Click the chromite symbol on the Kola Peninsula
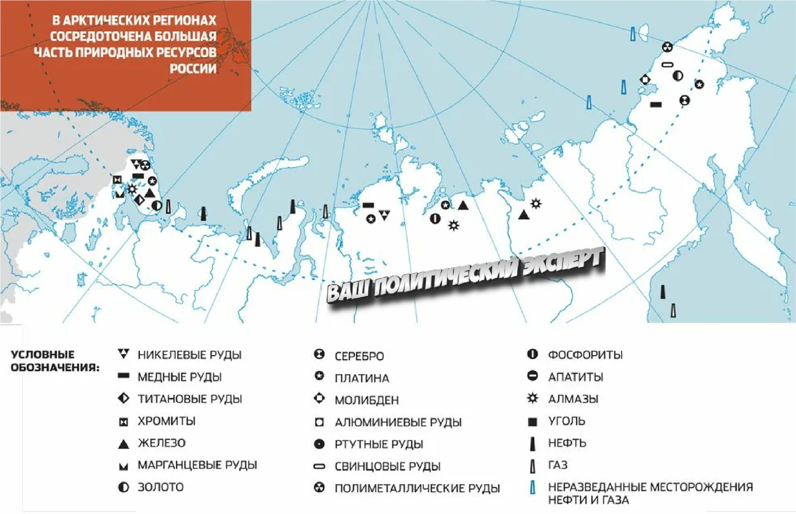tap(117, 180)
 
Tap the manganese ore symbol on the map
tap(119, 193)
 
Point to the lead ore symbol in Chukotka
tap(668, 64)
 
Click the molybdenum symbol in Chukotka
tap(643, 80)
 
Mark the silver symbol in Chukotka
tap(684, 100)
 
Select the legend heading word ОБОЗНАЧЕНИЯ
tap(54, 367)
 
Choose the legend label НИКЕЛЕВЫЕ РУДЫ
tap(189, 355)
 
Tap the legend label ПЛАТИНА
tap(362, 378)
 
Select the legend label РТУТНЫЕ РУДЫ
tap(379, 444)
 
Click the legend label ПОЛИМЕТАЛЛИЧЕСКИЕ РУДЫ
tap(417, 489)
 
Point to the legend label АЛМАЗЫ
tap(573, 399)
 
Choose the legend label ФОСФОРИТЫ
tap(585, 355)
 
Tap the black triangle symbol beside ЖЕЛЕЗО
tap(123, 442)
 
